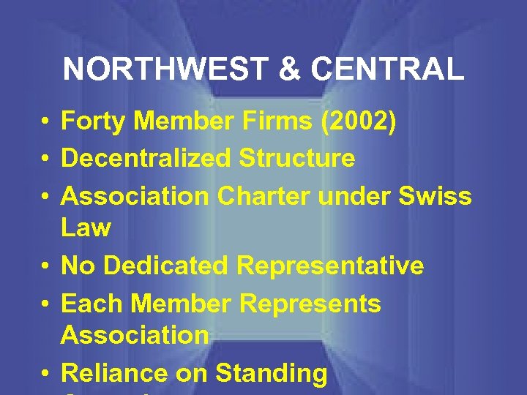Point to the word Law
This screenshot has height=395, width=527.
pyautogui.click(x=86, y=228)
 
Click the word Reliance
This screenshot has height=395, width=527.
pyautogui.click(x=114, y=373)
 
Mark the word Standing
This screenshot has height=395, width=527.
pyautogui.click(x=271, y=375)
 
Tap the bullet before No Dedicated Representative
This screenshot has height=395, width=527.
pyautogui.click(x=45, y=266)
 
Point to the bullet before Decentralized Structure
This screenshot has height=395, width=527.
pyautogui.click(x=45, y=158)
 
